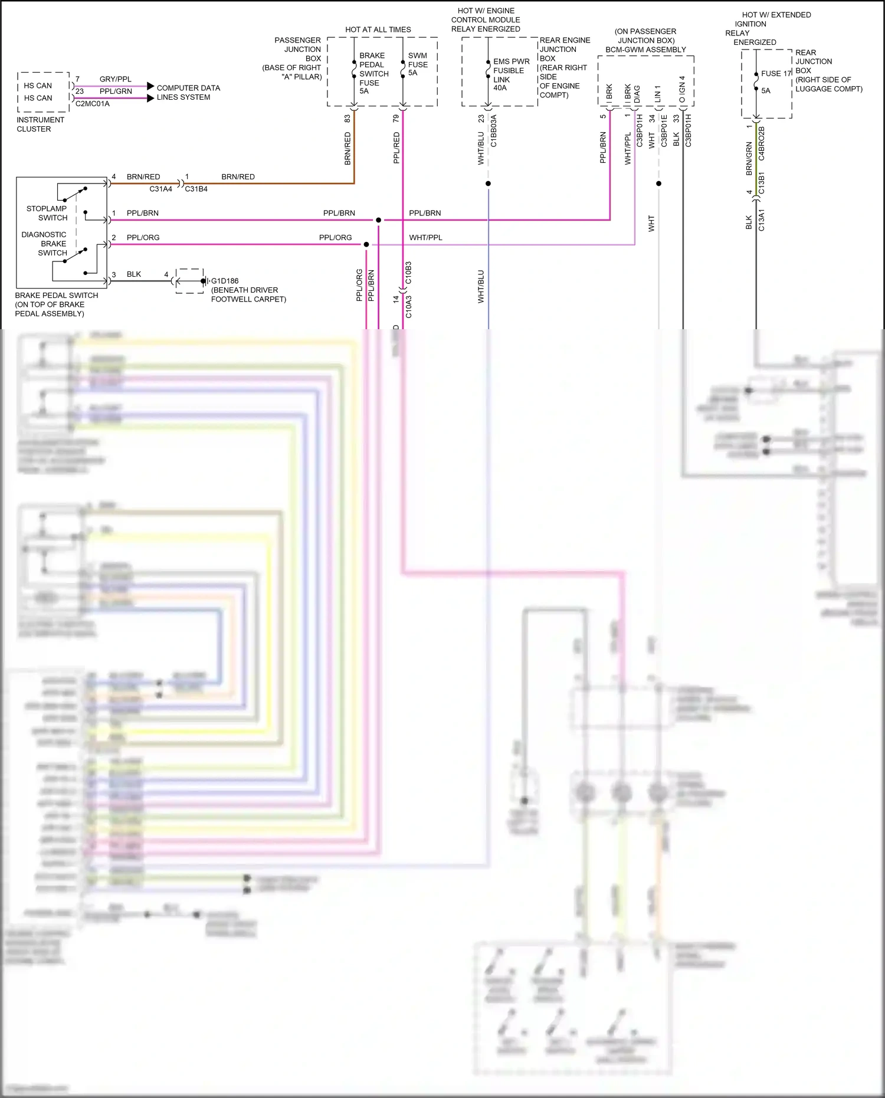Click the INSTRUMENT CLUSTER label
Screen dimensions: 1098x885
pyautogui.click(x=40, y=124)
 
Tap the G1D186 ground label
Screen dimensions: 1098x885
pyautogui.click(x=225, y=281)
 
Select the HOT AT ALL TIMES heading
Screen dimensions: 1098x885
pyautogui.click(x=378, y=30)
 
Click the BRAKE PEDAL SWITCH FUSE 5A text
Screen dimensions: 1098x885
pyautogui.click(x=373, y=73)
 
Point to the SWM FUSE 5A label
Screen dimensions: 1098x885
pyautogui.click(x=418, y=64)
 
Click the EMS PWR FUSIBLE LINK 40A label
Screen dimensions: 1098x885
pyautogui.click(x=510, y=74)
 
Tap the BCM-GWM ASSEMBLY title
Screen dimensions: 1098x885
pyautogui.click(x=645, y=50)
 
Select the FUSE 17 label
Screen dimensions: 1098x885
pyautogui.click(x=775, y=73)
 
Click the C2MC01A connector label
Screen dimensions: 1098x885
pyautogui.click(x=93, y=104)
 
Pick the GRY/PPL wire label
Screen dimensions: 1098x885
pyautogui.click(x=116, y=79)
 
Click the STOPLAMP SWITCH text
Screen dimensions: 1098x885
pyautogui.click(x=47, y=213)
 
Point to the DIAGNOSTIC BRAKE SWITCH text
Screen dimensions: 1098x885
pyautogui.click(x=44, y=244)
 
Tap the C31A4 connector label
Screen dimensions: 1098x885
pyautogui.click(x=160, y=189)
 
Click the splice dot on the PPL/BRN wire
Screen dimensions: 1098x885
pyautogui.click(x=378, y=220)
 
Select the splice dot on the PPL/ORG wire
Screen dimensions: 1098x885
pyautogui.click(x=366, y=244)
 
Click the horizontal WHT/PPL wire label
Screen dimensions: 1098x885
pyautogui.click(x=425, y=237)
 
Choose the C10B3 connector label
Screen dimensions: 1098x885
pyautogui.click(x=408, y=273)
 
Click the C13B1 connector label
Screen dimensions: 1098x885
pyautogui.click(x=762, y=183)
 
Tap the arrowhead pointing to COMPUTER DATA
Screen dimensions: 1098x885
pyautogui.click(x=150, y=86)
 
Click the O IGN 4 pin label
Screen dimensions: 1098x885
pyautogui.click(x=682, y=89)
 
